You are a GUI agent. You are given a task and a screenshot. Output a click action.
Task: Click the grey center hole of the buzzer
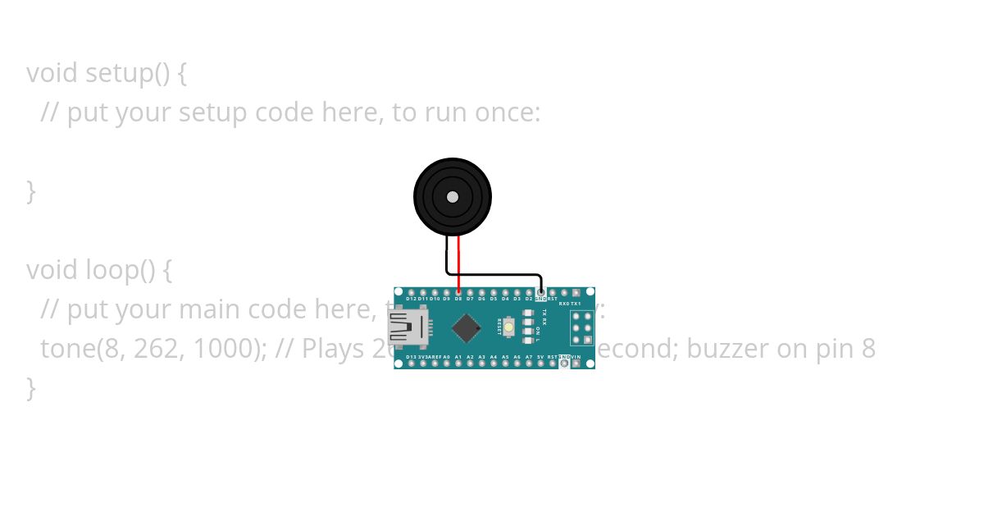(453, 197)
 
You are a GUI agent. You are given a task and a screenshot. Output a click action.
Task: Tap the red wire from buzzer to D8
(458, 263)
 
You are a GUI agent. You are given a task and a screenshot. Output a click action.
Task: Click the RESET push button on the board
(509, 327)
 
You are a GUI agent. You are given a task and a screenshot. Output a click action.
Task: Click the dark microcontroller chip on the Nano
(466, 327)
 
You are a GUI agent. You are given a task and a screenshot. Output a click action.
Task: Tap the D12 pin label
(412, 300)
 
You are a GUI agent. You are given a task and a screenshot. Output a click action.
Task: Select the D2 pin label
(529, 300)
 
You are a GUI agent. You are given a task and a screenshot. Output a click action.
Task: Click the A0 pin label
(447, 357)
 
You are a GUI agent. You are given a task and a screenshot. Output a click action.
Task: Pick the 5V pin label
(540, 357)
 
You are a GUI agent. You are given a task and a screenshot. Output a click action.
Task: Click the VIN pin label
(576, 357)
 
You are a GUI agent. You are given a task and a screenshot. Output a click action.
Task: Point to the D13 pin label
(412, 357)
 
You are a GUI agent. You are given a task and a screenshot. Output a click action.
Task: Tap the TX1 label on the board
(576, 304)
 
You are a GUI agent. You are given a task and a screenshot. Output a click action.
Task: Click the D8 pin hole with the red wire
(458, 292)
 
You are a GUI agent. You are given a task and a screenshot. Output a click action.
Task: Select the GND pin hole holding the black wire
(541, 292)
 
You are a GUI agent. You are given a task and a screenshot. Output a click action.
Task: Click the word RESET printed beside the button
(499, 327)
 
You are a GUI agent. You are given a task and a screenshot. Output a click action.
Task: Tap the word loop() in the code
(121, 269)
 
